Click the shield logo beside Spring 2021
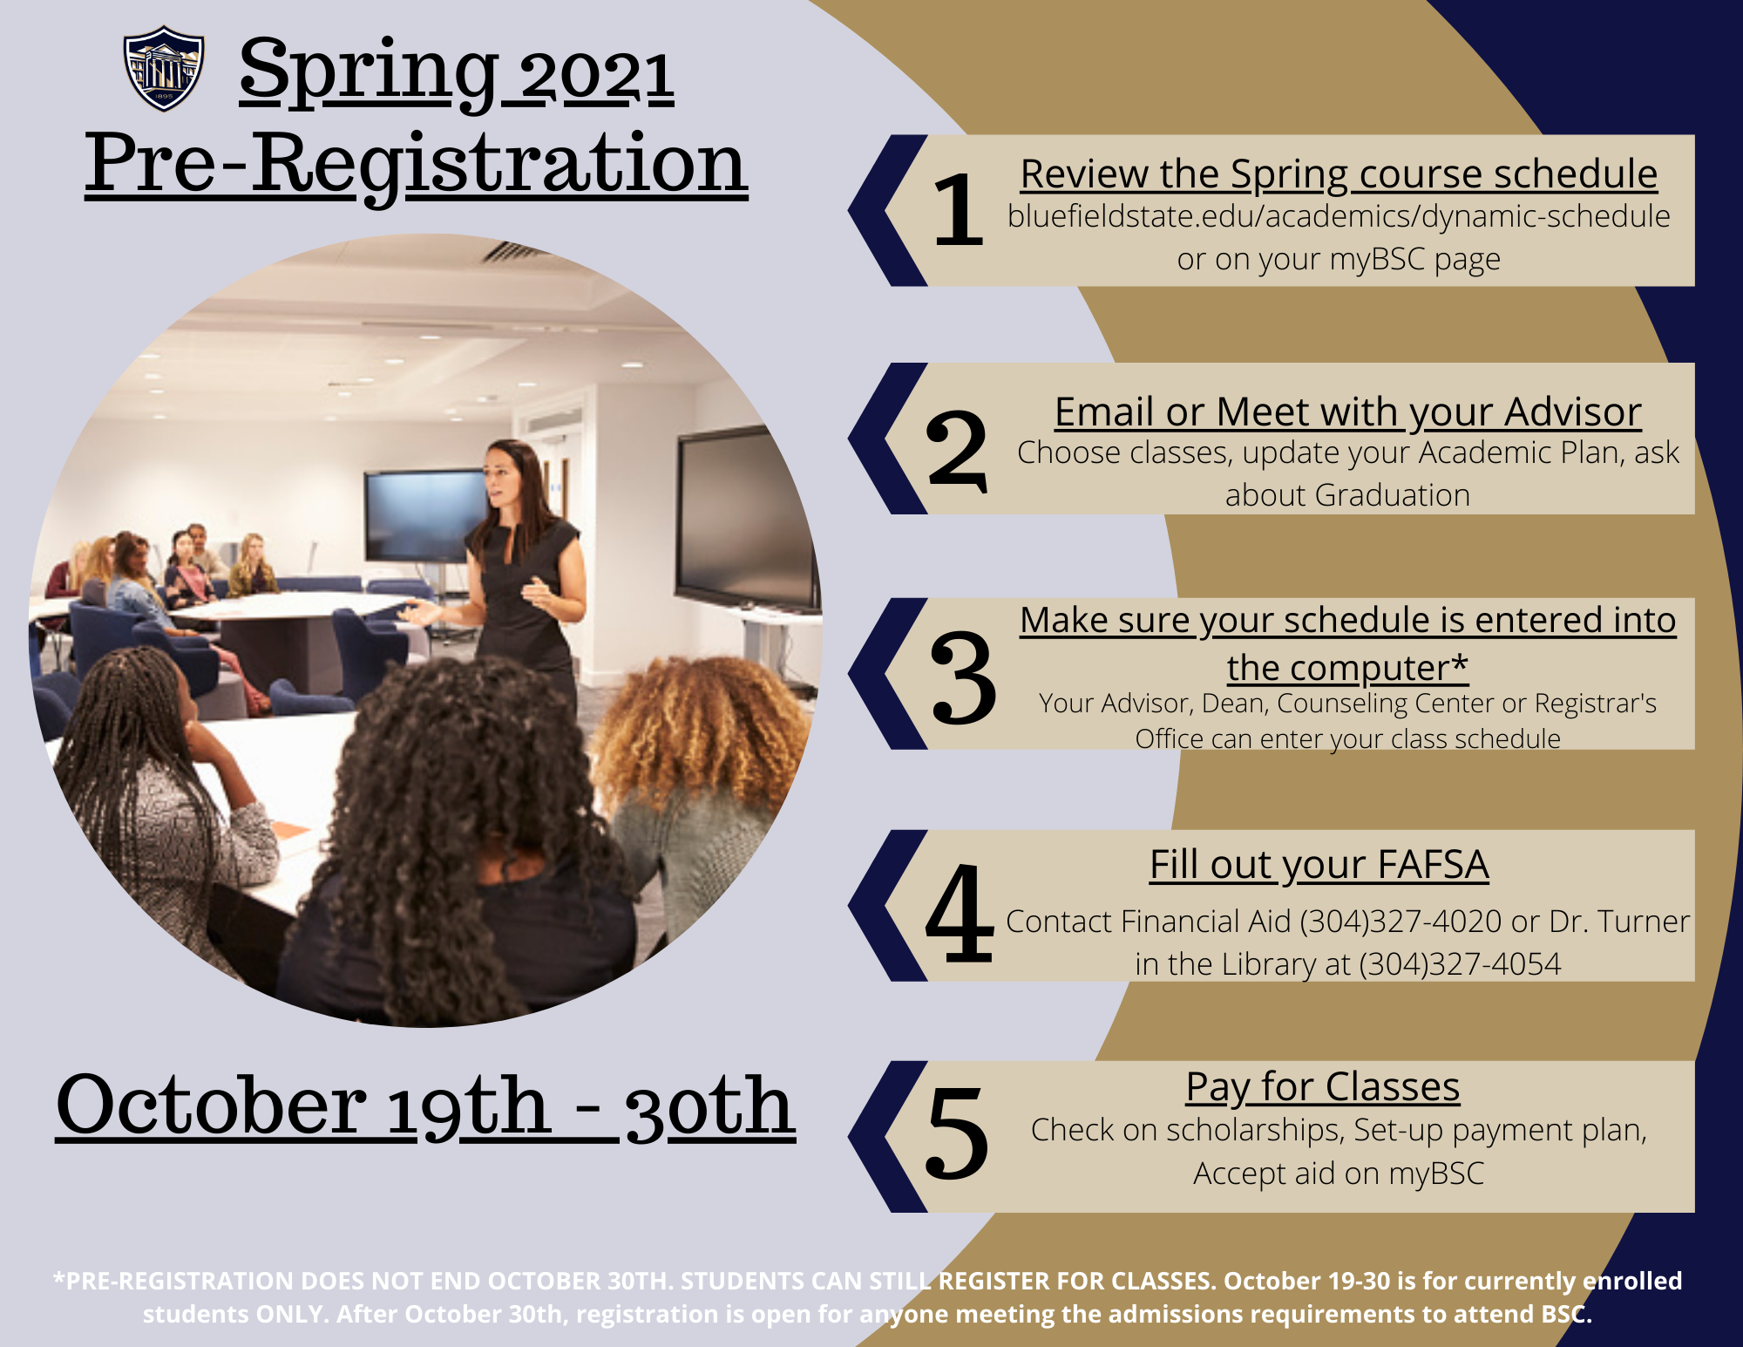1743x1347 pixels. click(164, 68)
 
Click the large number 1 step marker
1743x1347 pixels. click(958, 209)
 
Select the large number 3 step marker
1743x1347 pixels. click(962, 678)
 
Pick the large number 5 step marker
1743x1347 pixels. click(958, 1133)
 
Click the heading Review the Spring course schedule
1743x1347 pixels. click(1339, 174)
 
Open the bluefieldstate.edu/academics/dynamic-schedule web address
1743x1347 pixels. click(1339, 216)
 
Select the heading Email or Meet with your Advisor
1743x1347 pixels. click(1347, 412)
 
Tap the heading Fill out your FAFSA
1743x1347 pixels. click(1319, 866)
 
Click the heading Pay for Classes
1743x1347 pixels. click(1322, 1087)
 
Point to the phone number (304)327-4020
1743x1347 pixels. click(1401, 922)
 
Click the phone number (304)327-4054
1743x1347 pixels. click(1460, 964)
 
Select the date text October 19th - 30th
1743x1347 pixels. click(425, 1106)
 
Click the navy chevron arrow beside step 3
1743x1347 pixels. click(887, 674)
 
